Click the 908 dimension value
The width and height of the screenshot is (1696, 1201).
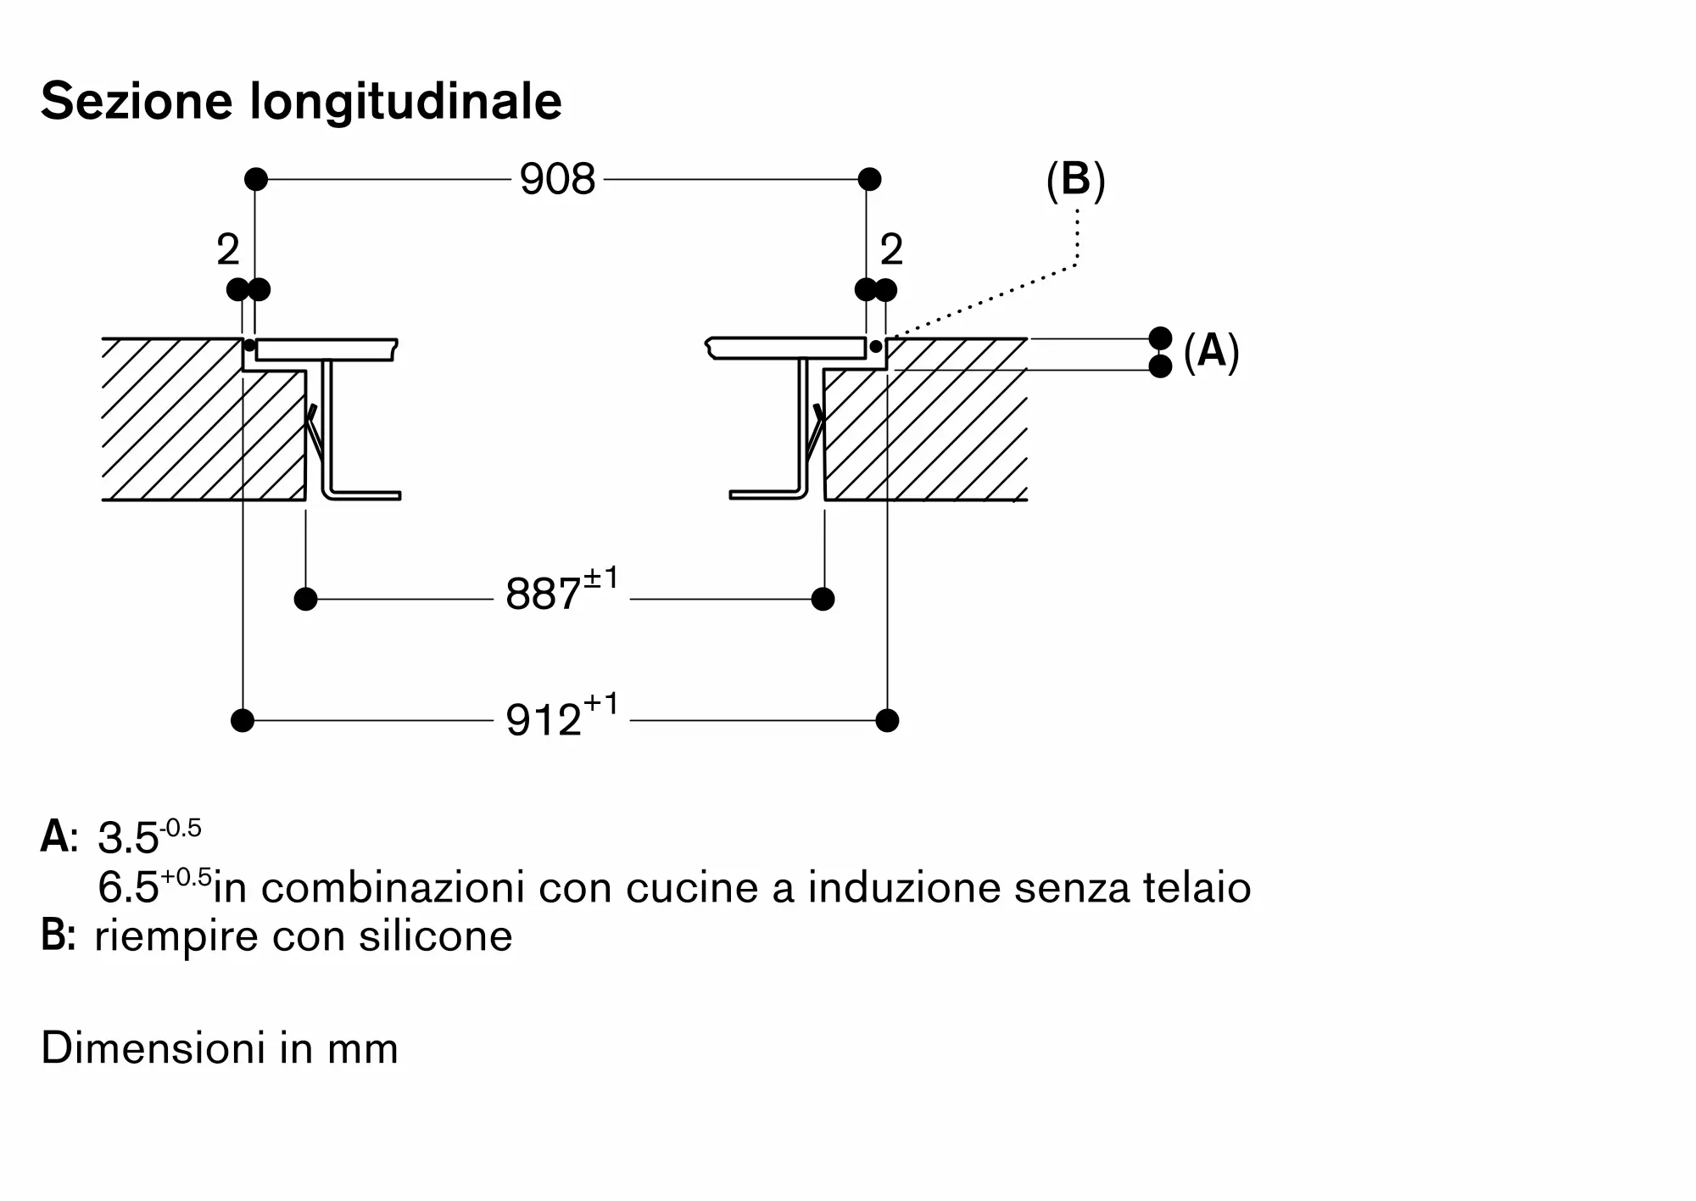pyautogui.click(x=557, y=180)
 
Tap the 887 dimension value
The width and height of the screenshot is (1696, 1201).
pyautogui.click(x=544, y=594)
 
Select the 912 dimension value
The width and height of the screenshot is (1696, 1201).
pyautogui.click(x=544, y=720)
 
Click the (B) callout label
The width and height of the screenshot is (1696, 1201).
pyautogui.click(x=1075, y=181)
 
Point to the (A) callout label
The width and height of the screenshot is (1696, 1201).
pyautogui.click(x=1211, y=351)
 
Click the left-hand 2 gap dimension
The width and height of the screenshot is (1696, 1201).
pyautogui.click(x=228, y=249)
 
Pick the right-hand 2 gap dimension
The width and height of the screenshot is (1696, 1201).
pyautogui.click(x=891, y=249)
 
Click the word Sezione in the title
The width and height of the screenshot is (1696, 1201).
pyautogui.click(x=137, y=101)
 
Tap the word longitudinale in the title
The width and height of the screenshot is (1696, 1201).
pyautogui.click(x=406, y=103)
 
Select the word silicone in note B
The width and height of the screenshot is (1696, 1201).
pyautogui.click(x=435, y=936)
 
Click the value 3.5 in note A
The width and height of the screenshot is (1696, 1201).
pyautogui.click(x=128, y=838)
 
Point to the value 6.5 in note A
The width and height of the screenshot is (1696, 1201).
pyautogui.click(x=128, y=888)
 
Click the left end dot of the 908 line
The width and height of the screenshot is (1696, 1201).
pyautogui.click(x=256, y=179)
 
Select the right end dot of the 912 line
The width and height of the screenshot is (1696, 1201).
pyautogui.click(x=887, y=720)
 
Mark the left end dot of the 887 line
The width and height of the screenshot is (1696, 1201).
pyautogui.click(x=305, y=599)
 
